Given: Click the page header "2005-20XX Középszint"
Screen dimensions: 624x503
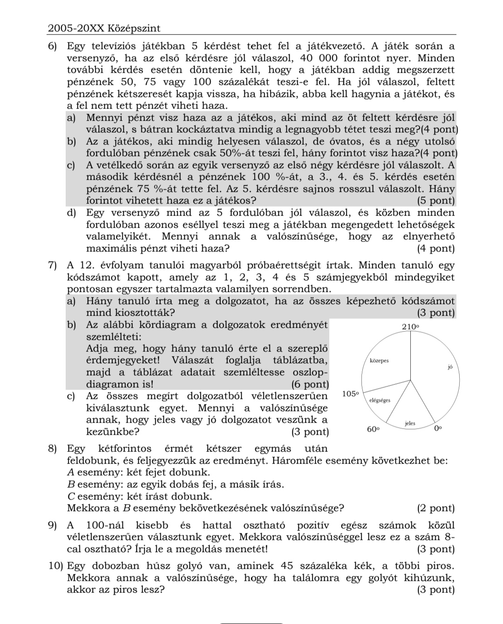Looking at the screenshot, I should coord(104,28).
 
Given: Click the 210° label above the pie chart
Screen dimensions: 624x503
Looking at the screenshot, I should coord(411,327).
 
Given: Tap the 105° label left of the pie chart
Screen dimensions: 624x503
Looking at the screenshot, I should coord(351,394).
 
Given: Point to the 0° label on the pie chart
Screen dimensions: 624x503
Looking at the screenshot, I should coord(437,429).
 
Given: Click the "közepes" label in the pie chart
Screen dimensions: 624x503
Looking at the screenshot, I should coord(379,360).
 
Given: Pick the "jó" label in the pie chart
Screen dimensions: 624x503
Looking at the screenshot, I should coord(450,367).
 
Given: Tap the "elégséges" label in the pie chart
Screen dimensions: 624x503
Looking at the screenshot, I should coord(380,400).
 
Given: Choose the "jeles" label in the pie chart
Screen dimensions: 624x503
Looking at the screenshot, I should coord(410,423).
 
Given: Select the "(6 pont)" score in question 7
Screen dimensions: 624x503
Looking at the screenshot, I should coord(310,384).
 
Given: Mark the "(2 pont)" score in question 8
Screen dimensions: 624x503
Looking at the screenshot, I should coord(436,508).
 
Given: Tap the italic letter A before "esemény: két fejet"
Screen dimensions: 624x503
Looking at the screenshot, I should coord(71,472).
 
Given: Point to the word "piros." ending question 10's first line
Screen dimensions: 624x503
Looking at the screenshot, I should coord(440,566).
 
